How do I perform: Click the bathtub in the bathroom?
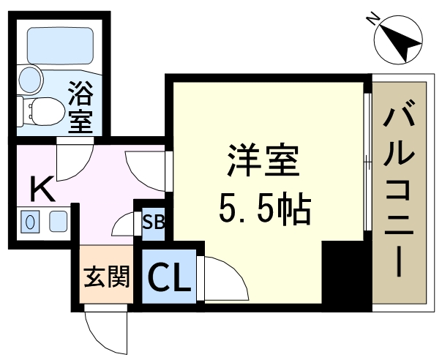coord(60,46)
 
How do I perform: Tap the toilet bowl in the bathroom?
coord(42,111)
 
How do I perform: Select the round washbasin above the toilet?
coord(30,80)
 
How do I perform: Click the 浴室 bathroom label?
coord(81,107)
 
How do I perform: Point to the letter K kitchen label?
coord(42,189)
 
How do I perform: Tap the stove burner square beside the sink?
coord(59,222)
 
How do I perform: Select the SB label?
coord(154,222)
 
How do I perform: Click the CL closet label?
coord(168,277)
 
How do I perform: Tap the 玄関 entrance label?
coord(107,277)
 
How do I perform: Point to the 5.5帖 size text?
coord(265,209)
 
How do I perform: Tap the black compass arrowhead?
coord(401,43)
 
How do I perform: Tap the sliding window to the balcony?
coord(367,162)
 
